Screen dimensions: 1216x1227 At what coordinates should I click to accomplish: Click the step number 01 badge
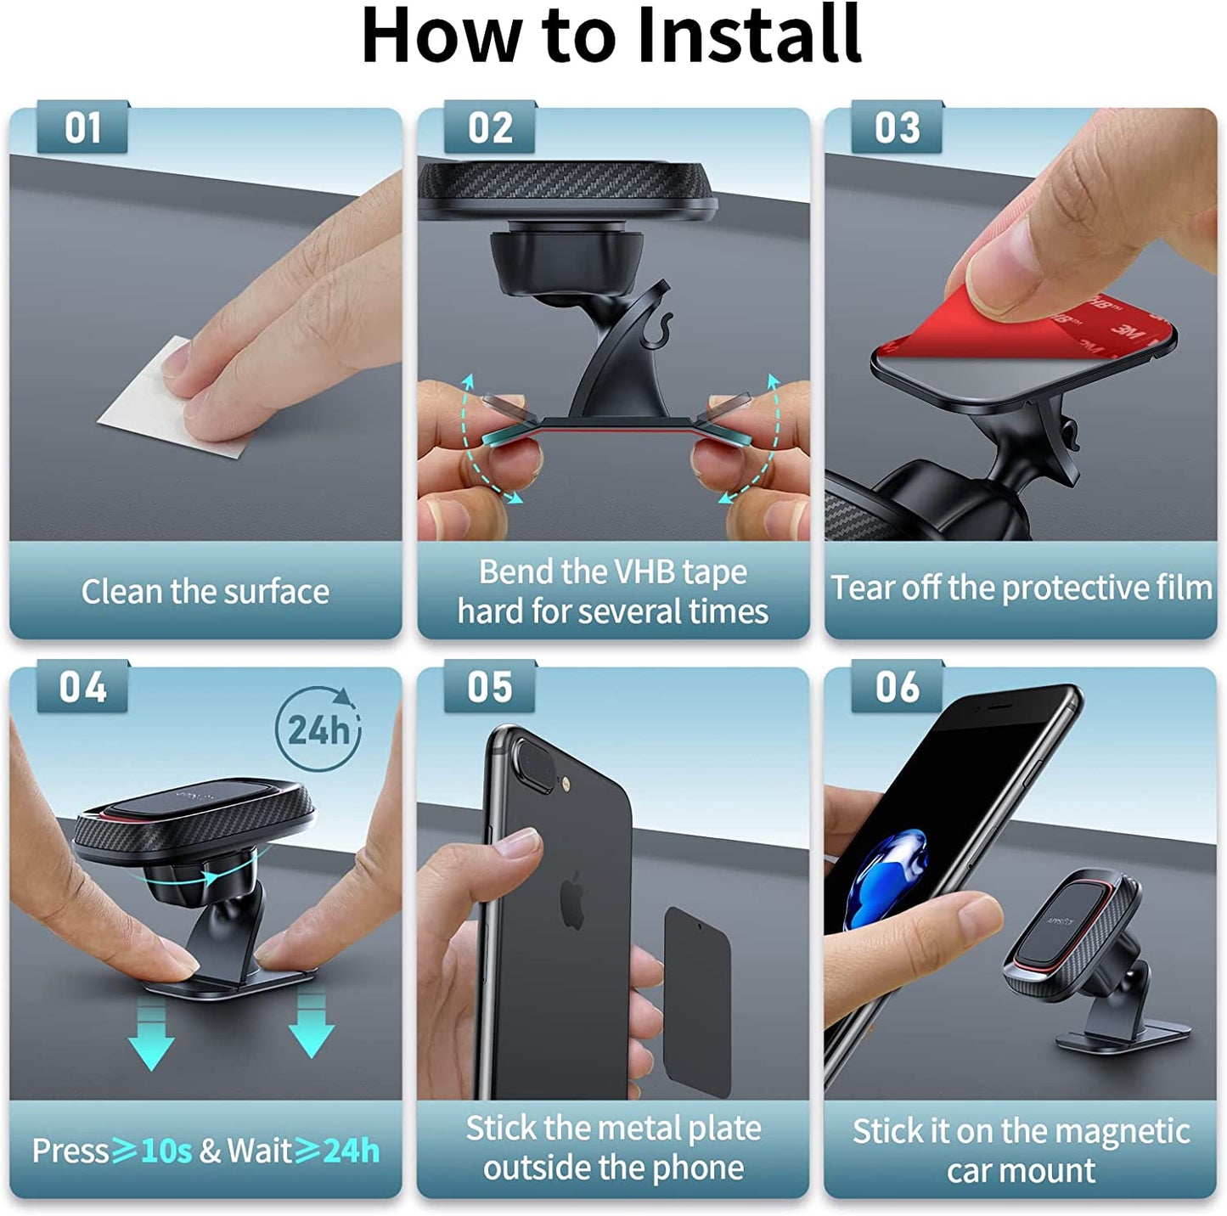tap(82, 128)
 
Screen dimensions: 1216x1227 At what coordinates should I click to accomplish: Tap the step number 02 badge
tap(490, 128)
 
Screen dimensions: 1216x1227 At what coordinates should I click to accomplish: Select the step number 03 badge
tap(897, 128)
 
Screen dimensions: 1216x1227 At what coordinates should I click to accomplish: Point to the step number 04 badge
tap(82, 687)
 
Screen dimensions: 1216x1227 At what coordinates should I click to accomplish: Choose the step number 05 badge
tap(490, 687)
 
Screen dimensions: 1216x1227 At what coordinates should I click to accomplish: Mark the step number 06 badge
tap(897, 687)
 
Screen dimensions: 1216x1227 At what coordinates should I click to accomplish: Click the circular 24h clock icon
tap(318, 729)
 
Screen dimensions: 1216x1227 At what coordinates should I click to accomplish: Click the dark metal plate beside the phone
tap(697, 1002)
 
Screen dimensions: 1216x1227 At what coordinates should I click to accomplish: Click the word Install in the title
tap(749, 36)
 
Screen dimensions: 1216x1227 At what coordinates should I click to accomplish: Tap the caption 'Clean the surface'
tap(205, 592)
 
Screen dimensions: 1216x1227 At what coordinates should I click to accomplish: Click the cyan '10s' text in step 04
tap(166, 1151)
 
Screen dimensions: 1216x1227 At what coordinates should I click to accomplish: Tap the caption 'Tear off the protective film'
tap(1021, 588)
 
